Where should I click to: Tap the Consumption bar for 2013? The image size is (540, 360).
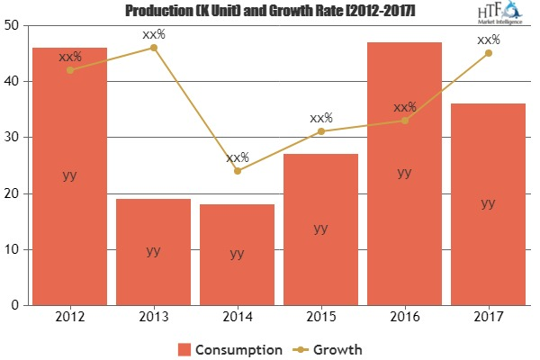click(153, 252)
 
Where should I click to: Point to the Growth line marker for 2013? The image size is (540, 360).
click(153, 47)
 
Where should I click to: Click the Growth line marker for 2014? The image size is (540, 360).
click(237, 171)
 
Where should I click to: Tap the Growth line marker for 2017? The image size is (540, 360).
click(488, 53)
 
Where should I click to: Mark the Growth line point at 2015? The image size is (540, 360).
click(320, 131)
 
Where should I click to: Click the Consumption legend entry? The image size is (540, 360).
click(231, 347)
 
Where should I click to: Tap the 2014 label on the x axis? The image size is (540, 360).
click(237, 317)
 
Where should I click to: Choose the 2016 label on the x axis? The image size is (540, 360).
click(404, 317)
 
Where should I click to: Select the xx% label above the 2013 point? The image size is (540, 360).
click(153, 34)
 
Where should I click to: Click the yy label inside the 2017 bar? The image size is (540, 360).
click(488, 203)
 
